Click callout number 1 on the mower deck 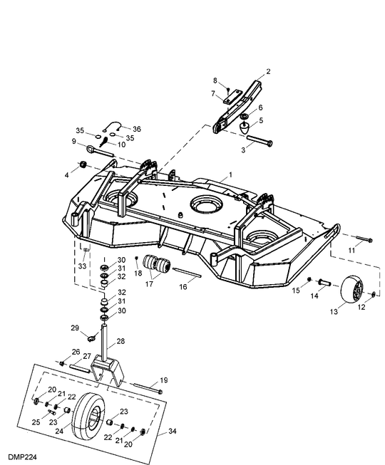(x=230, y=174)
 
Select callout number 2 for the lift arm (x=269, y=71)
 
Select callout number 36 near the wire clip (x=137, y=128)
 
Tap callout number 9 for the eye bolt (x=73, y=141)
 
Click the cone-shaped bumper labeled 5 (x=245, y=130)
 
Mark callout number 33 (x=82, y=266)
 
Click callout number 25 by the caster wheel (x=36, y=422)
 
